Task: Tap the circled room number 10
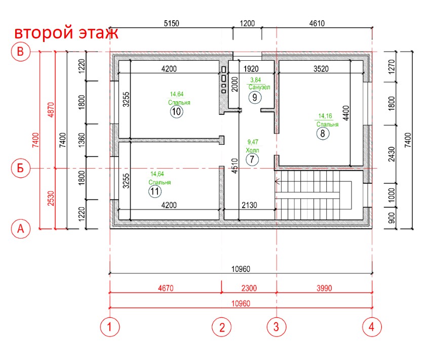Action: (176, 112)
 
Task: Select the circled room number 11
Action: (155, 191)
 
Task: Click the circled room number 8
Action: (322, 134)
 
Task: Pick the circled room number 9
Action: (255, 97)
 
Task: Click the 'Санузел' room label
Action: (259, 87)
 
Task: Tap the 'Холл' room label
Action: (252, 150)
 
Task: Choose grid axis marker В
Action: (21, 52)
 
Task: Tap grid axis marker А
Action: (21, 228)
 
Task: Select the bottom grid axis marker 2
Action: (221, 327)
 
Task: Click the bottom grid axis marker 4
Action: (372, 327)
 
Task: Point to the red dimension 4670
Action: (165, 288)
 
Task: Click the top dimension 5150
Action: (172, 23)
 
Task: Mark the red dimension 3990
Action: (324, 288)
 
